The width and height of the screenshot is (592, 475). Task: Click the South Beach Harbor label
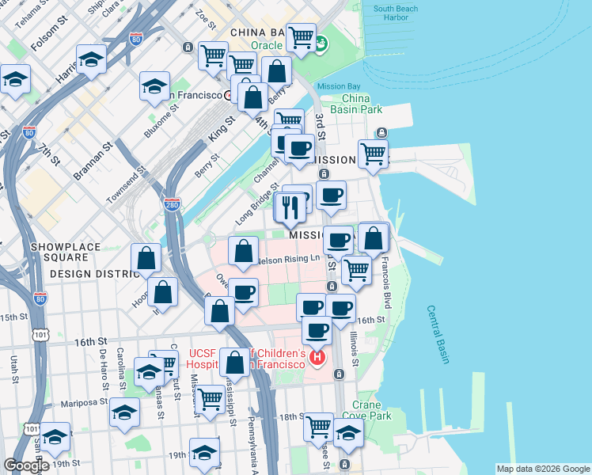(x=396, y=13)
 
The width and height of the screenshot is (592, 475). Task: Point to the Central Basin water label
(x=438, y=334)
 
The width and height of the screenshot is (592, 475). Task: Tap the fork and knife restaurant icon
(x=290, y=207)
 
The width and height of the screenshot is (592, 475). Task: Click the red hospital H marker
(x=317, y=358)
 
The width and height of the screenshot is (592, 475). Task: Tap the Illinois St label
(x=354, y=348)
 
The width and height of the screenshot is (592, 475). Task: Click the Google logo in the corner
(x=26, y=465)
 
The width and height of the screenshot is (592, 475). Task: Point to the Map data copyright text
(x=542, y=469)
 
